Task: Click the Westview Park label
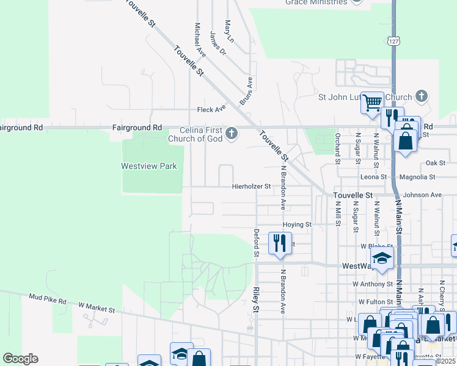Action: pos(148,166)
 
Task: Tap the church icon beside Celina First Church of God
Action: pos(231,133)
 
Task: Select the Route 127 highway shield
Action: pos(393,40)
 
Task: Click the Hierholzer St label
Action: pos(251,187)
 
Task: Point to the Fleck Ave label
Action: pos(211,110)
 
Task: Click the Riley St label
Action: pos(256,301)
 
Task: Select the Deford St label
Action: pos(257,243)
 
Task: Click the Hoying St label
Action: pos(297,224)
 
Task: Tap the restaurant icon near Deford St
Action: pos(280,242)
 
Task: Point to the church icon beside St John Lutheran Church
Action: pos(421,96)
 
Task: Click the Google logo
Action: pos(20,359)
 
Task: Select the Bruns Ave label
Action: pos(246,91)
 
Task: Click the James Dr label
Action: pos(218,44)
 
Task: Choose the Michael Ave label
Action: pos(200,40)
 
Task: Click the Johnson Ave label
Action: pos(422,195)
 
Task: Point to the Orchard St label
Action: pos(337,148)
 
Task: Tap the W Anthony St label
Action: pos(372,284)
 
